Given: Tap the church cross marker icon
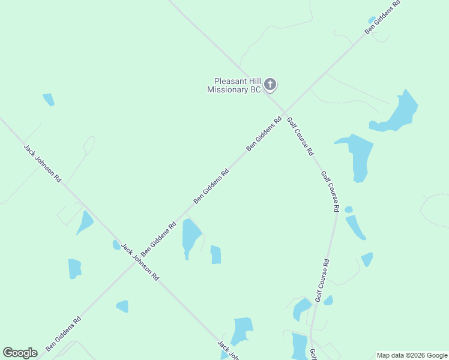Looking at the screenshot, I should (270, 85).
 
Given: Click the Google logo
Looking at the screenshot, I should (20, 353).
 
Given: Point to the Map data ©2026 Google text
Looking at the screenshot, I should (412, 355).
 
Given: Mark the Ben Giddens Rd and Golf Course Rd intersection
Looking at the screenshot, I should (284, 112).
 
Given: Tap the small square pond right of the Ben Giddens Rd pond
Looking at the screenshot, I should (215, 255).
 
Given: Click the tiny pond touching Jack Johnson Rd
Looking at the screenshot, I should (116, 245).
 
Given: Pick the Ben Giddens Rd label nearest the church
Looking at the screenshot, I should (264, 134).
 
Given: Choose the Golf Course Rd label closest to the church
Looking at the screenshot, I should (300, 136).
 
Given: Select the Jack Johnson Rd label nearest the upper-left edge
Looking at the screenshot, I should (42, 163).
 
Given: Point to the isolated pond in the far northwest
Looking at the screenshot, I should (49, 100).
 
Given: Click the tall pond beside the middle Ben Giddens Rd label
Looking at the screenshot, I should (191, 236).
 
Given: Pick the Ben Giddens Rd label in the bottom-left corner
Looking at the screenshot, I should (63, 334).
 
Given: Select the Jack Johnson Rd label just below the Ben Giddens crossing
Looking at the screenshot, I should (139, 262).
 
